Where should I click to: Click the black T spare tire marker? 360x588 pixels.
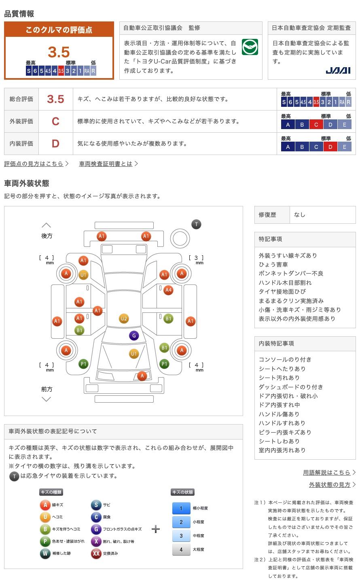[x=196, y=224]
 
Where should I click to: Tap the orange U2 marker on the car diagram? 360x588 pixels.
[x=124, y=318]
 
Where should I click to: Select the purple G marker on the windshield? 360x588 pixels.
[x=134, y=335]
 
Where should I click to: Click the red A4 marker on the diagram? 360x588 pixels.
[x=168, y=290]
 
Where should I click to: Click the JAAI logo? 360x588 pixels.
[x=338, y=70]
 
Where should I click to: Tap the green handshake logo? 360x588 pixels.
[x=250, y=47]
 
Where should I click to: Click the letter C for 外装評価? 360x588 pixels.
[x=55, y=121]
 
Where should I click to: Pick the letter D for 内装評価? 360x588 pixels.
[x=55, y=143]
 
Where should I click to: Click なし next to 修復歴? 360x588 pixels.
[x=300, y=214]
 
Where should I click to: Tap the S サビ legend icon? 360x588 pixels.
[x=96, y=505]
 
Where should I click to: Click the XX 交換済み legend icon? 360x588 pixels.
[x=96, y=553]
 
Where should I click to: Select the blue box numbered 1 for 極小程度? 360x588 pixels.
[x=181, y=508]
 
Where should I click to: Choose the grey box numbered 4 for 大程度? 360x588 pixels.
[x=181, y=550]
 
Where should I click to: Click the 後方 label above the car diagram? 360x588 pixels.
[x=47, y=236]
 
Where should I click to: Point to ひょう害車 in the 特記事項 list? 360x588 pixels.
[x=273, y=264]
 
